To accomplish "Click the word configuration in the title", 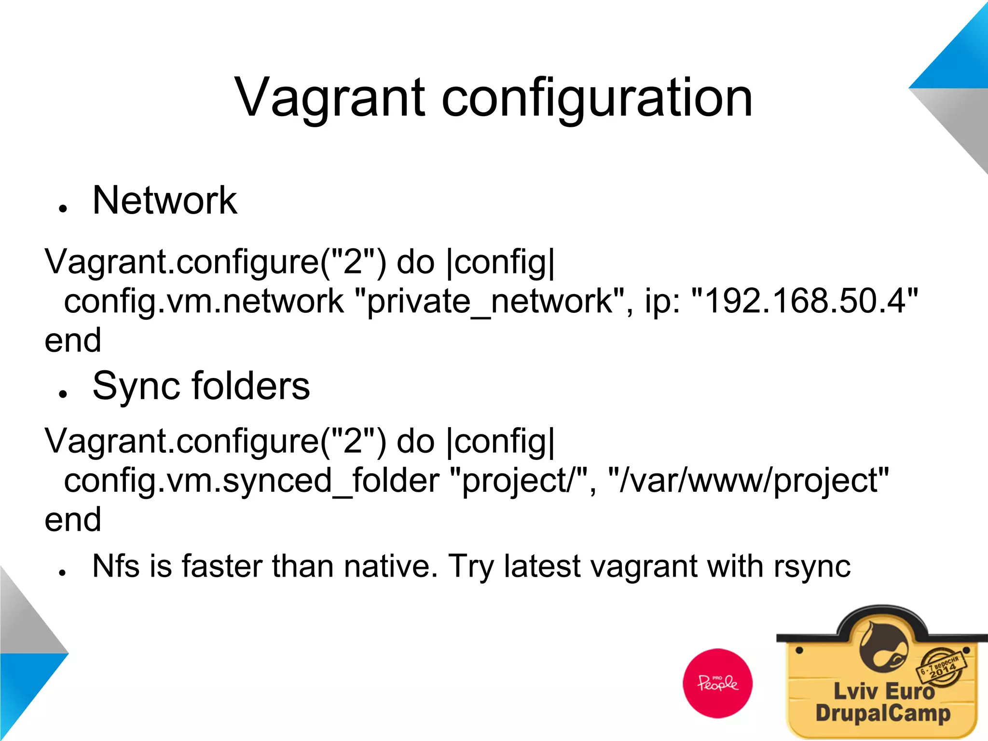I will [597, 99].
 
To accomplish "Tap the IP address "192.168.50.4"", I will [805, 301].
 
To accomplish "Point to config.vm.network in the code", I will [204, 301].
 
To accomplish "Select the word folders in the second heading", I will [251, 386].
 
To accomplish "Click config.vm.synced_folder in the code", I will [251, 481].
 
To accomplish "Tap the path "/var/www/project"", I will [748, 481].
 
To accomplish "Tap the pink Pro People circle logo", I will [717, 683].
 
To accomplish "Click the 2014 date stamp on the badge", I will [942, 668].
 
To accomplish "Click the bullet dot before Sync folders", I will [62, 393].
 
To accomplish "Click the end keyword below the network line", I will [73, 340].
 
